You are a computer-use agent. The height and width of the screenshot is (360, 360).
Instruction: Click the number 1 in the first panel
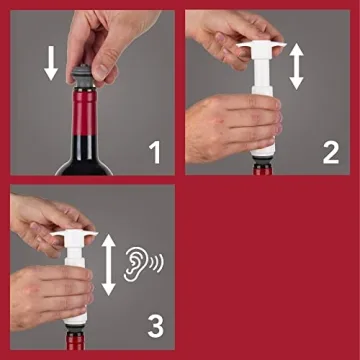click(154, 152)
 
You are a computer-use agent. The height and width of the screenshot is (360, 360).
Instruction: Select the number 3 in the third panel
click(154, 326)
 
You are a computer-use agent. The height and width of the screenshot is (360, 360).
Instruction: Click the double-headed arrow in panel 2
click(298, 68)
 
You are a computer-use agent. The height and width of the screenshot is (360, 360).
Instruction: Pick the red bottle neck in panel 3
click(72, 341)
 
